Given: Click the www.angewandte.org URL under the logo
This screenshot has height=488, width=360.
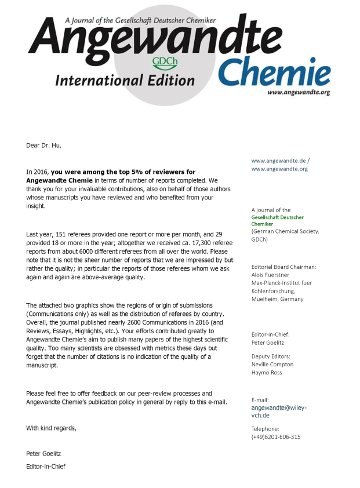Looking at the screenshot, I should click(299, 92).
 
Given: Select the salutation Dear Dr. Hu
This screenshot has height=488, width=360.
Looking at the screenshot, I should click(43, 145).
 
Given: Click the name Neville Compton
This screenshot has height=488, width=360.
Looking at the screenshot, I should click(272, 365).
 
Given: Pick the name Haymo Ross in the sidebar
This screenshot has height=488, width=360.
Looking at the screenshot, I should click(267, 373).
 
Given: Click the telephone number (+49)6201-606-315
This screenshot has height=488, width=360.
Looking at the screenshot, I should click(276, 437).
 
